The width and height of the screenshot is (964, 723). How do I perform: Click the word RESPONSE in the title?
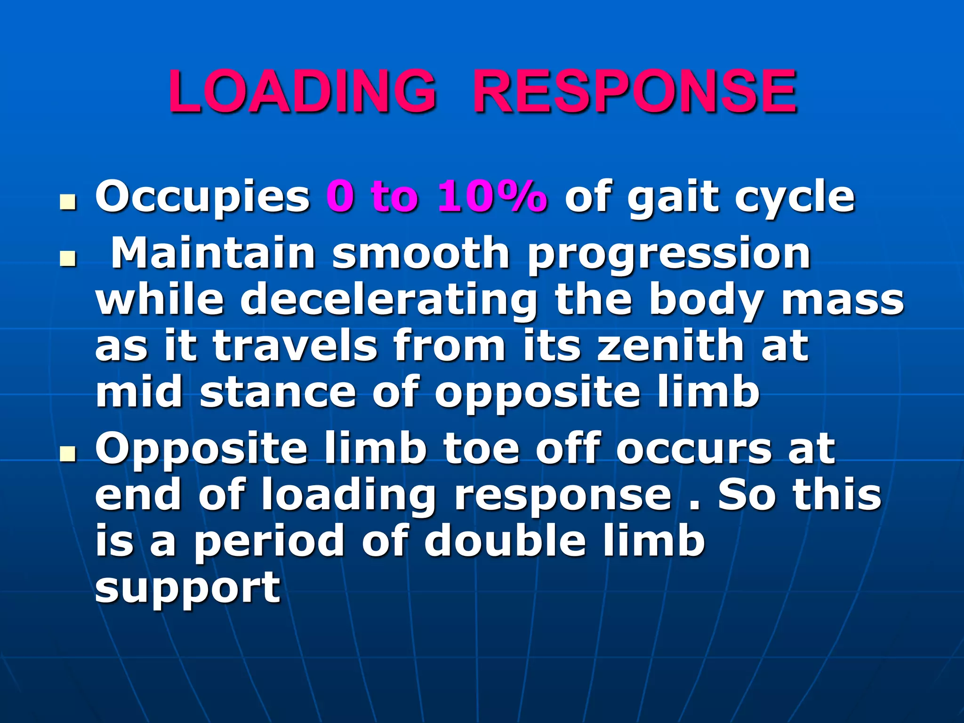tap(635, 91)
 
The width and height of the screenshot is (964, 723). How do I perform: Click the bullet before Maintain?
tap(68, 259)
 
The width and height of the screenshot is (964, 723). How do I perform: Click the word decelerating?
tap(389, 301)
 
